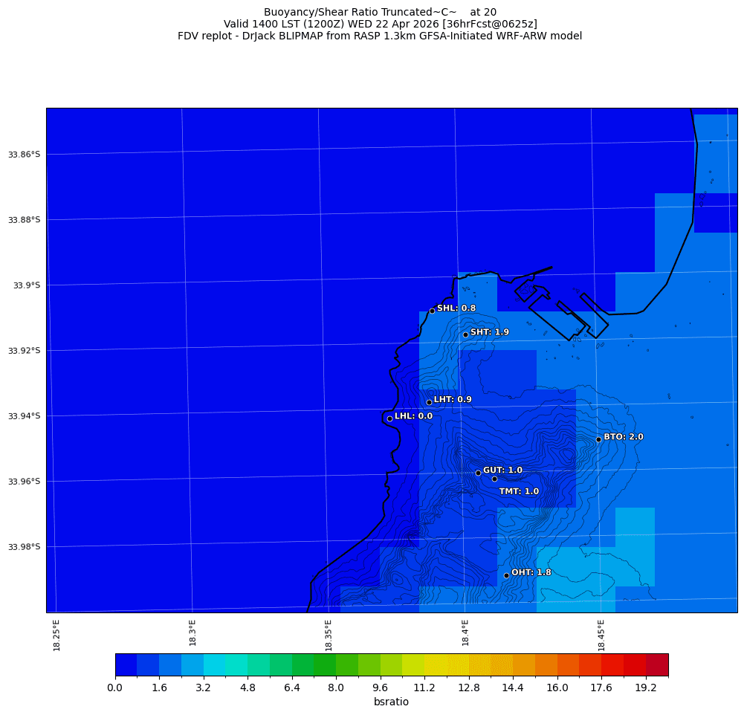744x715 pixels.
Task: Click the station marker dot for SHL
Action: point(432,311)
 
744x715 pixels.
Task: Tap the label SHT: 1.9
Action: point(490,332)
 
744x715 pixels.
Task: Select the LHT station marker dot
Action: point(429,402)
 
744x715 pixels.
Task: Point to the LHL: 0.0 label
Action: point(413,416)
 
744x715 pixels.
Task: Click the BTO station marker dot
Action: point(598,439)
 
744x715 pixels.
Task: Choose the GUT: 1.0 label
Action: point(502,470)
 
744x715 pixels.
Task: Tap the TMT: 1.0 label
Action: point(519,491)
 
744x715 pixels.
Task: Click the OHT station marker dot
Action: point(506,575)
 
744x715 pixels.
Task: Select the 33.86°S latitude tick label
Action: point(24,155)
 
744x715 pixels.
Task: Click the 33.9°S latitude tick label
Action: point(27,285)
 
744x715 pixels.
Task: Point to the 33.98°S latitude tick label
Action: point(24,547)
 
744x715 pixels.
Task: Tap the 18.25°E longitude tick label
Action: point(57,635)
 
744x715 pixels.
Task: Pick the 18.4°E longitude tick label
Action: point(465,635)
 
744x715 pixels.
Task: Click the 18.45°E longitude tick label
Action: point(602,635)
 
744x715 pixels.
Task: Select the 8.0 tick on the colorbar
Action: point(336,688)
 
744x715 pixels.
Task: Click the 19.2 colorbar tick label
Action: point(646,688)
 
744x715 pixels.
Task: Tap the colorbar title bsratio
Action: point(391,702)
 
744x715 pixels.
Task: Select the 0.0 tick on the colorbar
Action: point(115,688)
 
